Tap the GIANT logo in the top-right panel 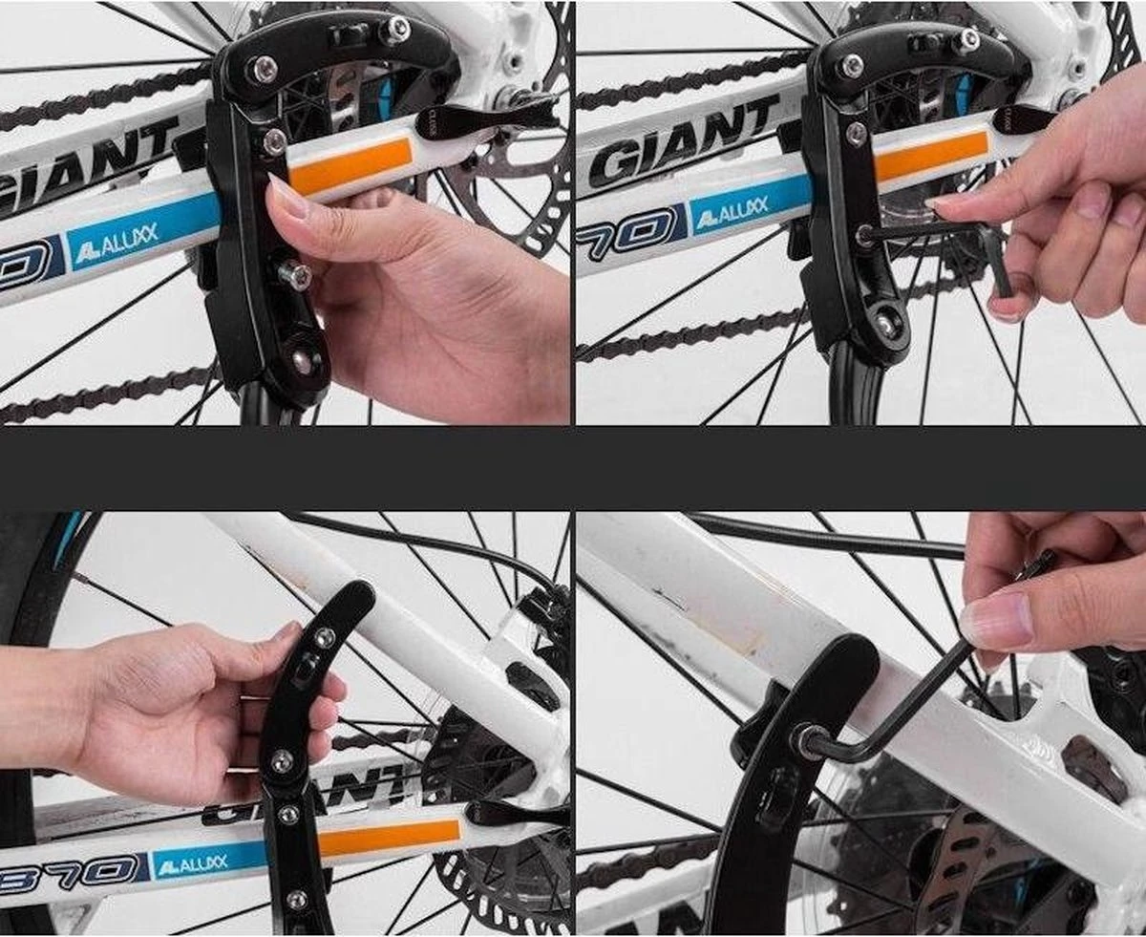[x=683, y=143]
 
